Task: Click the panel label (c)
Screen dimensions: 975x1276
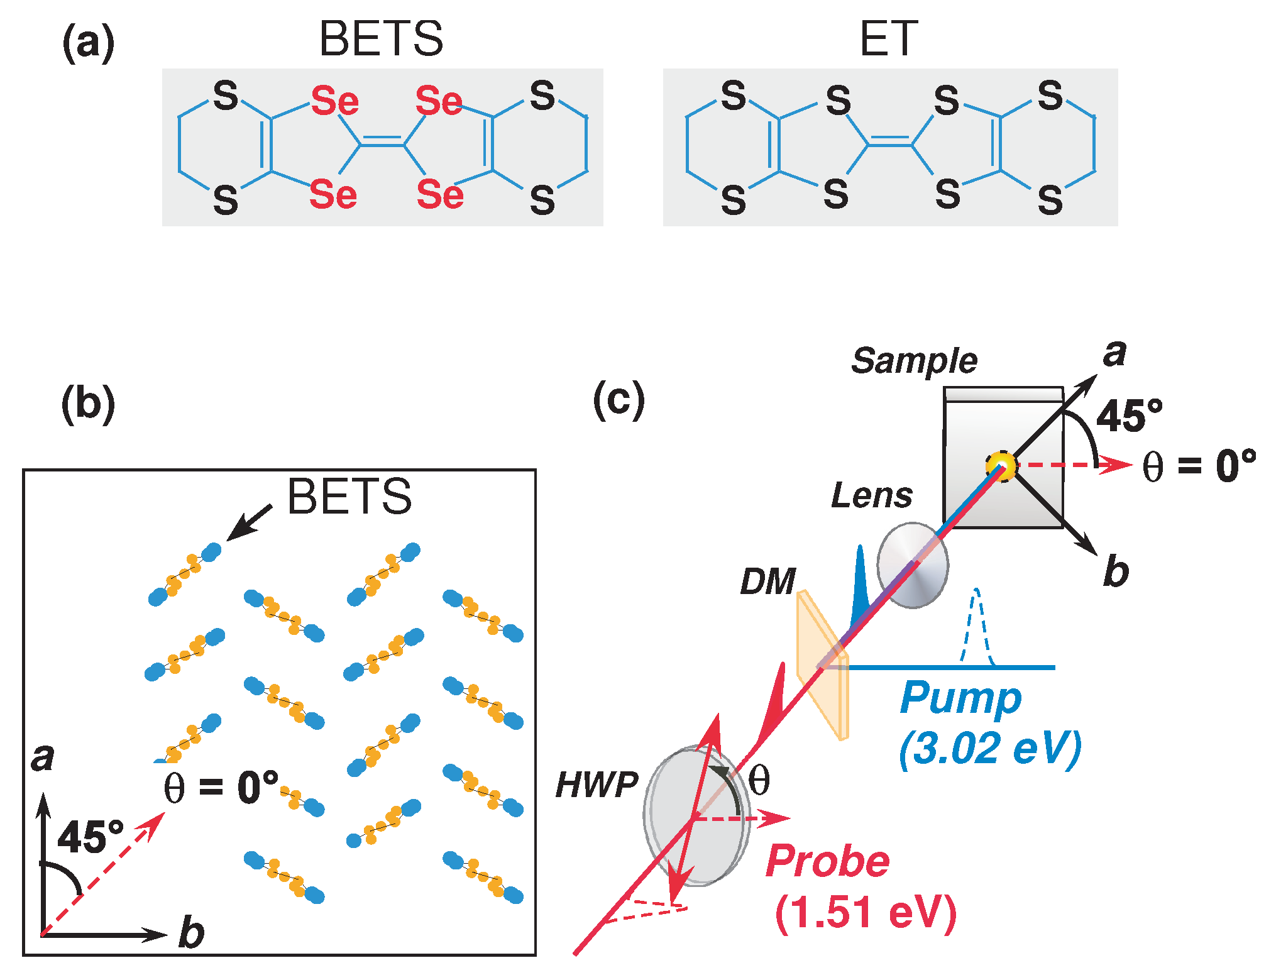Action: click(619, 399)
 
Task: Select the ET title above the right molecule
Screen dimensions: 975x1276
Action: click(888, 39)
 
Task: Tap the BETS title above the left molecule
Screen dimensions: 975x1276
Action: click(381, 39)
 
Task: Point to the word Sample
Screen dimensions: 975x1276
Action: click(914, 361)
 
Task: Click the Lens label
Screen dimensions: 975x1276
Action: click(871, 495)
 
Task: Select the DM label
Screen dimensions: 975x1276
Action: click(767, 581)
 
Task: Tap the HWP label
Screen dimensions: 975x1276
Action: click(597, 785)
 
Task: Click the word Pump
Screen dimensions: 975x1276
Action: click(960, 698)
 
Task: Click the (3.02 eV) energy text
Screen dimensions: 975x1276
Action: click(990, 748)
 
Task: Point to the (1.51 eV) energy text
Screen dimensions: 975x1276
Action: click(866, 913)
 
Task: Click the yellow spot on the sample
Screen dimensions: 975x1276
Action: click(1000, 466)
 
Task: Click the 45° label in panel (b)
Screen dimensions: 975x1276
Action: click(91, 837)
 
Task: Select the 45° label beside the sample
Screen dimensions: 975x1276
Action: click(1129, 416)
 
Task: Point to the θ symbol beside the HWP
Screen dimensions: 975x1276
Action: click(759, 781)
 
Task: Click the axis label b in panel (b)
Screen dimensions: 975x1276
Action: click(191, 933)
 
